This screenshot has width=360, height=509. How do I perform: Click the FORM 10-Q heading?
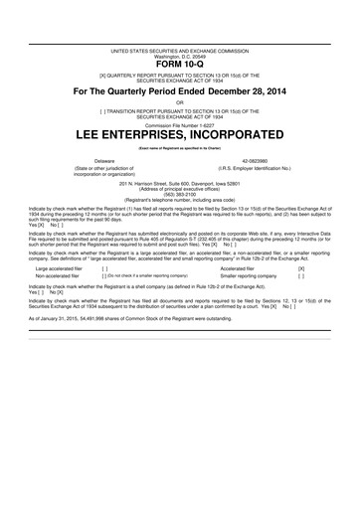tap(179, 66)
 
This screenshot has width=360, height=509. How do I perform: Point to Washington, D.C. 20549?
tap(179, 55)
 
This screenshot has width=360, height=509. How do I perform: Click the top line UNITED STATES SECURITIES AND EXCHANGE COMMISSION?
tap(179, 50)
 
